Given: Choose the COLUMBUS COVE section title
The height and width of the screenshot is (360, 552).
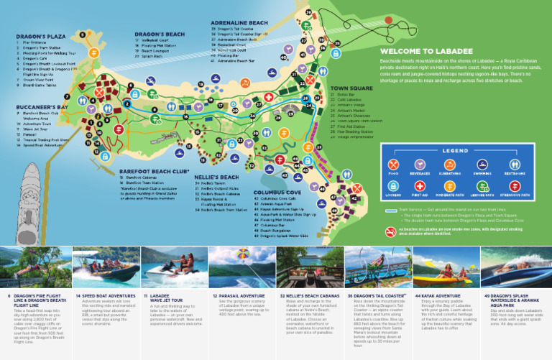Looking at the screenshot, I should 277,192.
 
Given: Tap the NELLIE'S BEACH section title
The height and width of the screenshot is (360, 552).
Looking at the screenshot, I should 216,177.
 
